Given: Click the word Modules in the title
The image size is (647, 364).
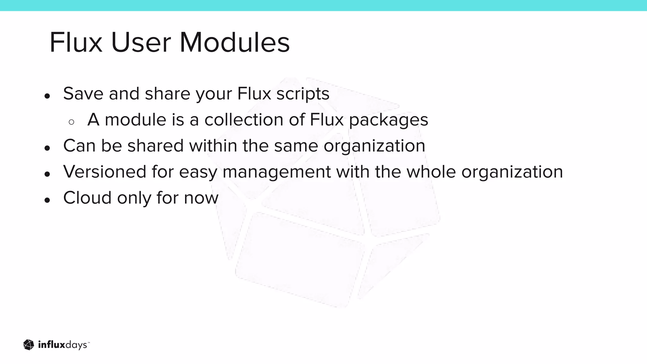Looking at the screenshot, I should [234, 43].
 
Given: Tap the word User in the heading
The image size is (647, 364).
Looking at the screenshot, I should [141, 43].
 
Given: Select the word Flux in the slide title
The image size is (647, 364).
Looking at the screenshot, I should [76, 43].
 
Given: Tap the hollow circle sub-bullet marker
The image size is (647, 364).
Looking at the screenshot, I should [71, 122].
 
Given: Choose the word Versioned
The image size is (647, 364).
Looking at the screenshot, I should [105, 172].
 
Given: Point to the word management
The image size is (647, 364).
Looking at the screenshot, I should [277, 173].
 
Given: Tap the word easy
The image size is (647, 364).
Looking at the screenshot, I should [198, 173].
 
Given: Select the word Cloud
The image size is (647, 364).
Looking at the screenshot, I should [88, 198].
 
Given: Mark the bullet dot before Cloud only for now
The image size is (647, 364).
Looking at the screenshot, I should [47, 200].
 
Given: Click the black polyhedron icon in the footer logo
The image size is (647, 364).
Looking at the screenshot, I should [29, 345].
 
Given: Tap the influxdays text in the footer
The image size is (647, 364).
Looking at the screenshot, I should [63, 345].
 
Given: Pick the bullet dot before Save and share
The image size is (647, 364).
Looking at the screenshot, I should [47, 96].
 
